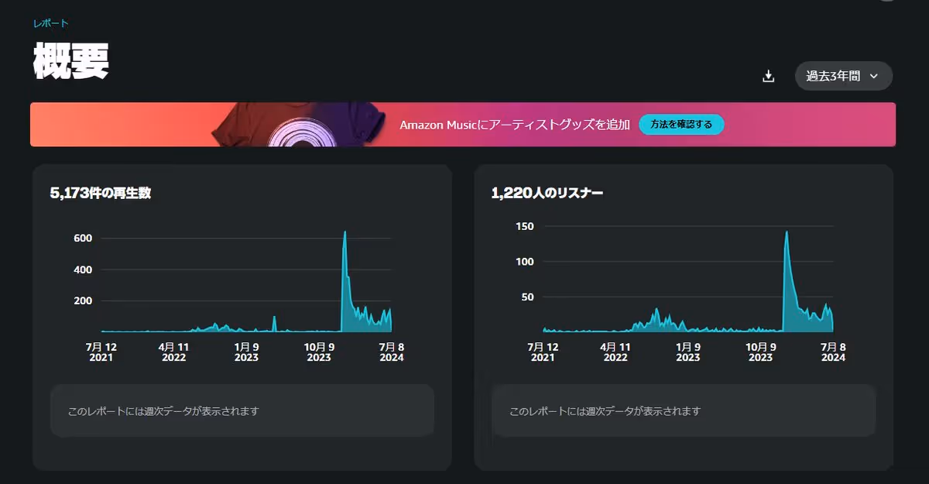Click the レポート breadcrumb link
pos(50,23)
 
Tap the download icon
pos(768,76)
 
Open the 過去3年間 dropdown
pos(843,76)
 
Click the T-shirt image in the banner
pos(298,125)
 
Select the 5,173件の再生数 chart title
pos(101,194)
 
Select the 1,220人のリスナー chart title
pos(547,194)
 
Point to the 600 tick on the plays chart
pos(83,239)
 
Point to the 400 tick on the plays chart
pos(83,269)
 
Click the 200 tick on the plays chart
pos(83,300)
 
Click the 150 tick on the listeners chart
pos(524,226)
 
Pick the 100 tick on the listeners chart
pos(524,262)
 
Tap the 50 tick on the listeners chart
pos(527,297)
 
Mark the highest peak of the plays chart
pos(345,232)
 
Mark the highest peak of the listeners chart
pos(787,232)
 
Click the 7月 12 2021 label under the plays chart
pos(101,352)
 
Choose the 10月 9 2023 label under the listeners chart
pos(760,352)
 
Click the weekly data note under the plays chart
pos(163,411)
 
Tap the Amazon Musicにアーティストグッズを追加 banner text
pos(515,125)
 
